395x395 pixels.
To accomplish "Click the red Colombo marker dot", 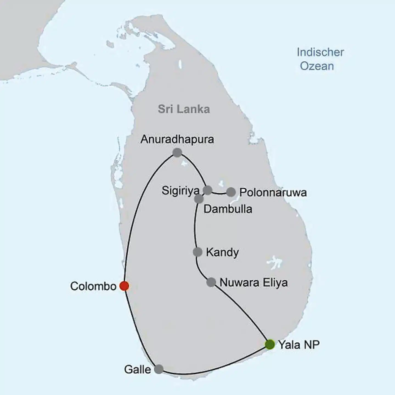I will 124,286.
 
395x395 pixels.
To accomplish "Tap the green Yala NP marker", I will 270,344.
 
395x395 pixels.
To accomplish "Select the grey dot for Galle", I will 159,369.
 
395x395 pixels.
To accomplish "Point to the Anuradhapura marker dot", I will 177,153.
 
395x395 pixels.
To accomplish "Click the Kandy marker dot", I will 198,252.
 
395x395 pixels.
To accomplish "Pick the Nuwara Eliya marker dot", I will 211,282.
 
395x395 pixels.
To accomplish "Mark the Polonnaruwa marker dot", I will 231,192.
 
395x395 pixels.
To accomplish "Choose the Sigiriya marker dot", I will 208,190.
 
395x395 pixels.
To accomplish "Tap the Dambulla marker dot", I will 199,199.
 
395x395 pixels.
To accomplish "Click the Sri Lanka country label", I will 184,109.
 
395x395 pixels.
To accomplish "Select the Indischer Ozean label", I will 320,59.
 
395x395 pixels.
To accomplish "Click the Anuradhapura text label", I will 177,139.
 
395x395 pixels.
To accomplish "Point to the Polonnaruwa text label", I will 273,193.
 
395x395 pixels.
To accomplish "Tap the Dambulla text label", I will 228,209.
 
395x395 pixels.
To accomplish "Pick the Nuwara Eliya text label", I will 254,283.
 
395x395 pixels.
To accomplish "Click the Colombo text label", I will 93,286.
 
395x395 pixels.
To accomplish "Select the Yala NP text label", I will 299,345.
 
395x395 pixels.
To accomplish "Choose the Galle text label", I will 137,369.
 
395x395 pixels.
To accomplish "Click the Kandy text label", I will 222,252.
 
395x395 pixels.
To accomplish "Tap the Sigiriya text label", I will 180,191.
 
